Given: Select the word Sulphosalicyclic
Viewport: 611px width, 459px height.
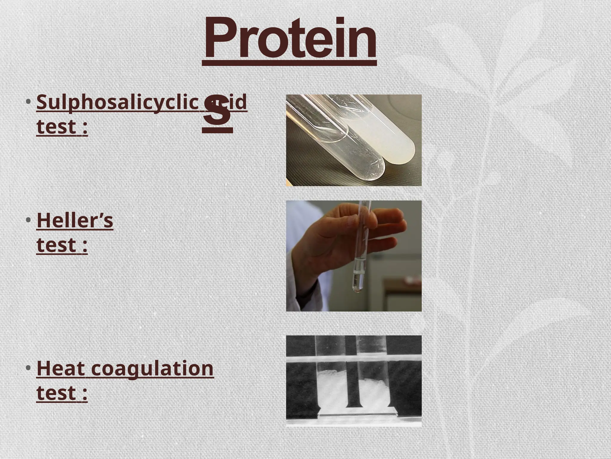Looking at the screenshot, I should pos(118,102).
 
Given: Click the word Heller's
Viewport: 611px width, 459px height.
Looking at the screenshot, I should pos(75,221).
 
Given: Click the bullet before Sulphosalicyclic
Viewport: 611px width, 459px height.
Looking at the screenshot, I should pos(28,102).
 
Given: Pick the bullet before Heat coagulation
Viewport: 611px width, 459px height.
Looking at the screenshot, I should pos(28,368).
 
